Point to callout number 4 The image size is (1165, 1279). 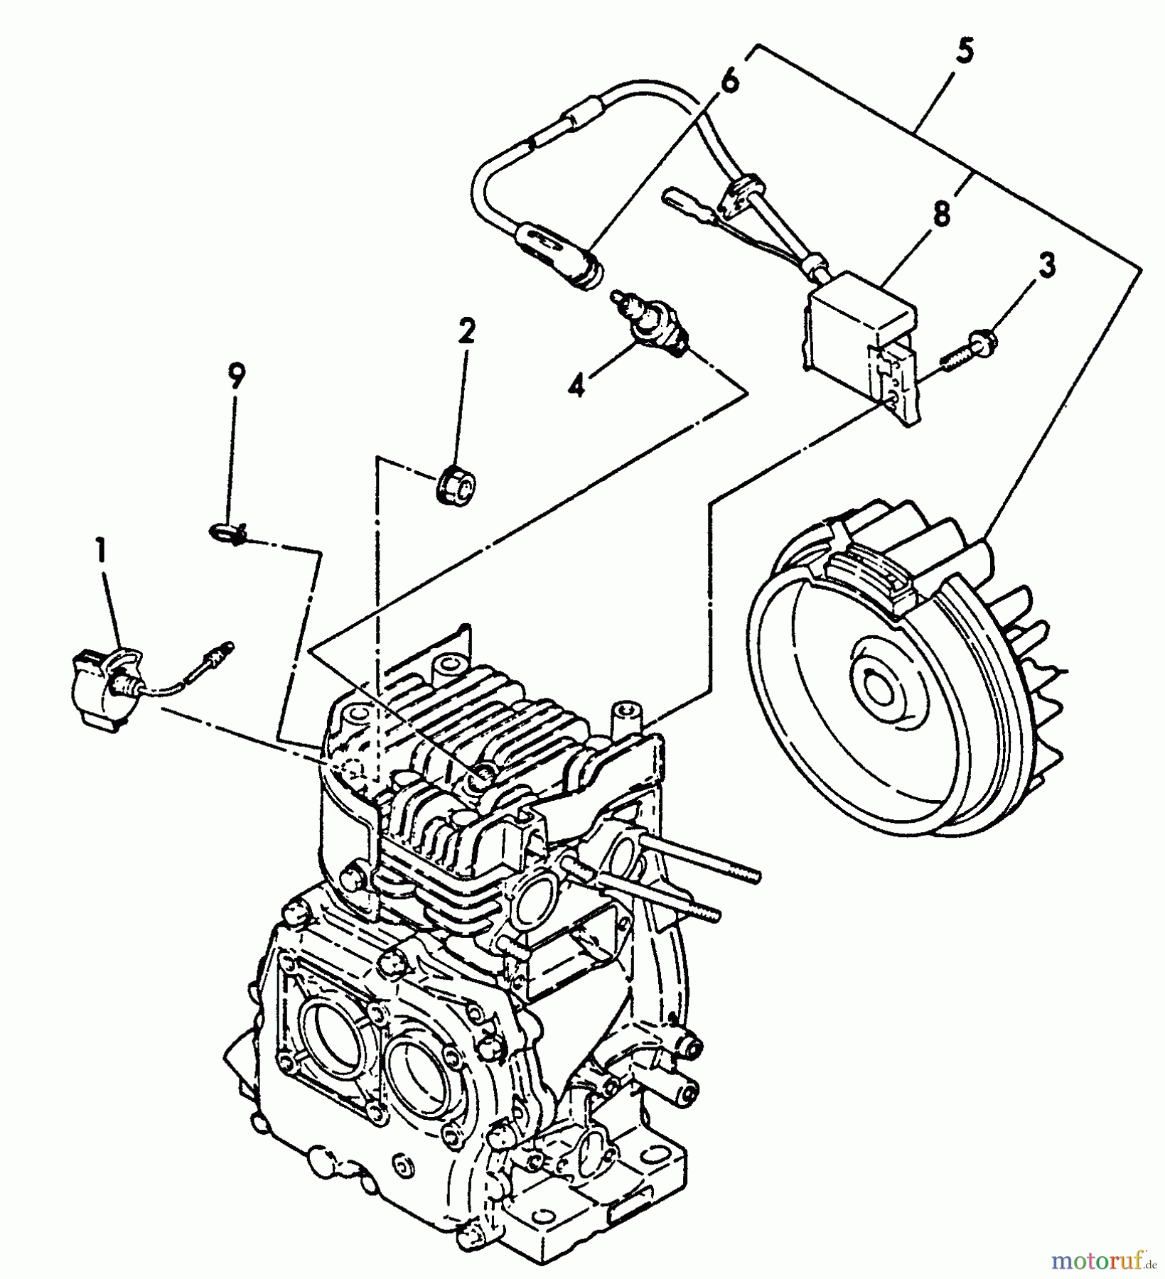577,386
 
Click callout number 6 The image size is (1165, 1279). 729,80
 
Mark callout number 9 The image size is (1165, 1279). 236,375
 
